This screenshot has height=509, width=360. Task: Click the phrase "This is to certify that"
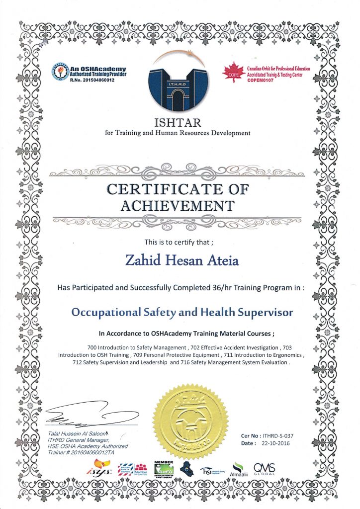[x=178, y=243]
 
